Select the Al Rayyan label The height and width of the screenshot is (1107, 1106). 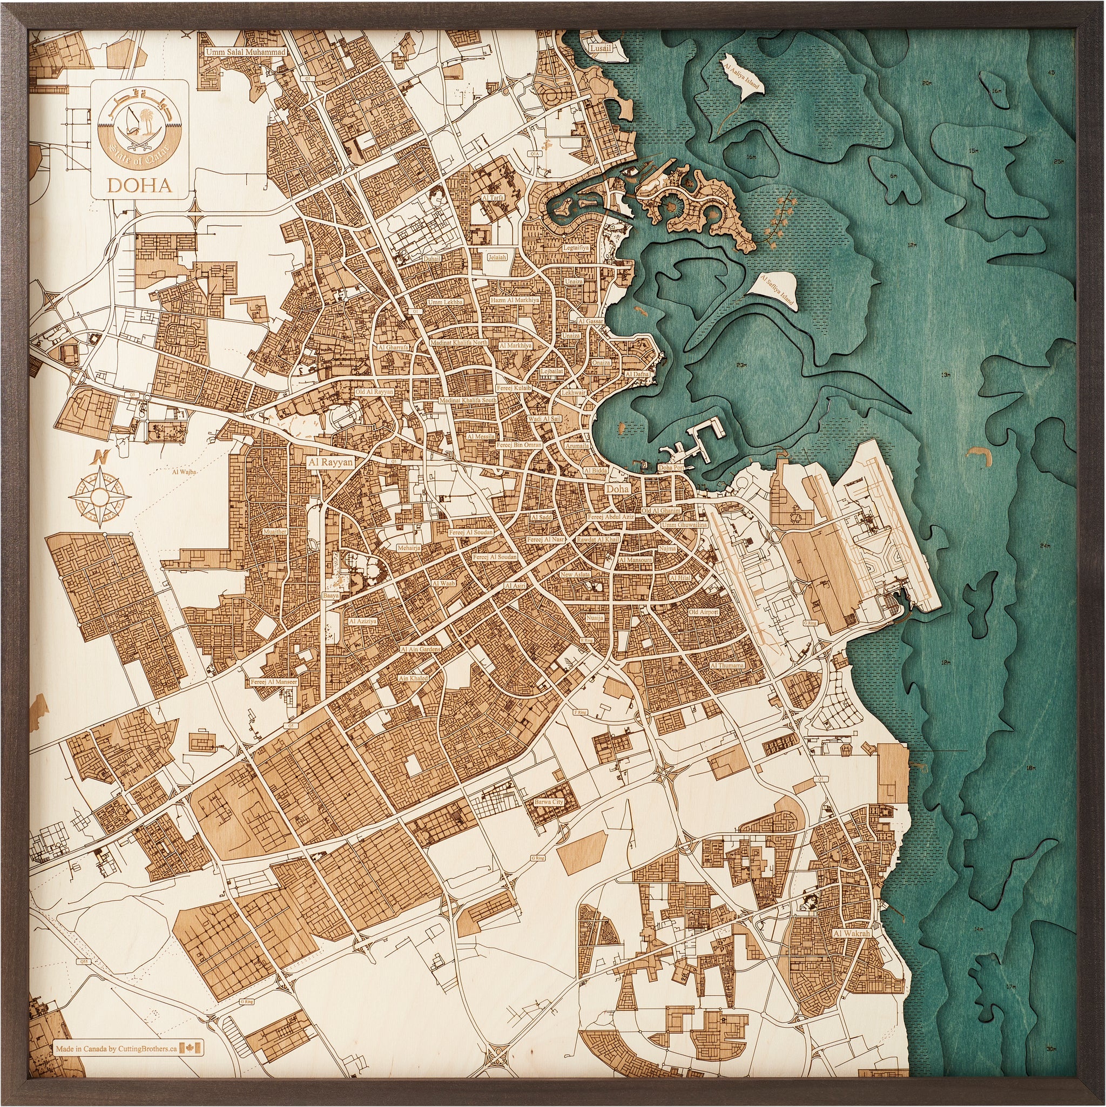(330, 461)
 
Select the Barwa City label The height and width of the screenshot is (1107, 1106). (549, 801)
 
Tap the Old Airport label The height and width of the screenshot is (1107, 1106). (704, 612)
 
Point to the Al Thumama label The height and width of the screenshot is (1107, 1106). (727, 665)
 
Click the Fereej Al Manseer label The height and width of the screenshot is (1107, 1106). (273, 683)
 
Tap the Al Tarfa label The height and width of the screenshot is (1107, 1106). (493, 197)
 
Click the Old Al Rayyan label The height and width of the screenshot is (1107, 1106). (375, 392)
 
